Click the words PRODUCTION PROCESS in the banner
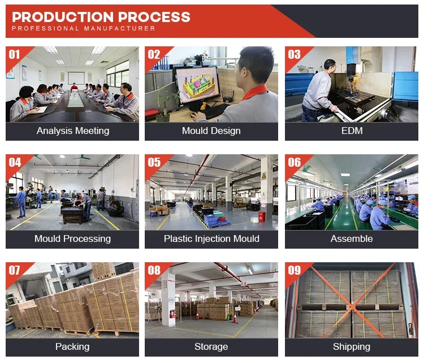coord(101,17)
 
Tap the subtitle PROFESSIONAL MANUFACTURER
coord(84,28)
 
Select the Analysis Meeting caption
coord(73,131)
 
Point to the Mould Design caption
coord(211,131)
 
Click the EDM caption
coord(352,131)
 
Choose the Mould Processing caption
coord(72,239)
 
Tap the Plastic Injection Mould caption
coord(211,239)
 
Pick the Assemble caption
coord(352,238)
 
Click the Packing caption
coord(72,347)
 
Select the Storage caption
coord(211,347)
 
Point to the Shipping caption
coord(352,347)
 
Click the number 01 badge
coord(14,55)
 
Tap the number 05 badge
coord(154,162)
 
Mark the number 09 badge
coord(294,270)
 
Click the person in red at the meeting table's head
coord(74,87)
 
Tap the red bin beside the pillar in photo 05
coord(262,216)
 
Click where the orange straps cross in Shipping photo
coord(352,307)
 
